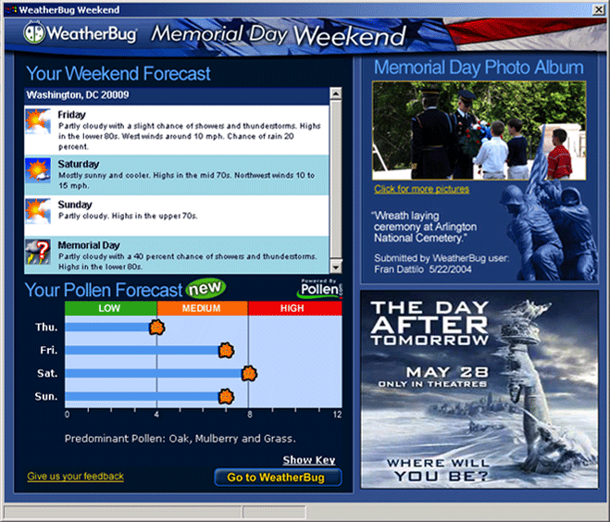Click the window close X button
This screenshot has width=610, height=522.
[x=598, y=10]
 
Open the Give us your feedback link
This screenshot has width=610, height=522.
[x=76, y=477]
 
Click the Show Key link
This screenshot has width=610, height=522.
[x=309, y=460]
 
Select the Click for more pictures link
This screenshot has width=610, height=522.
[x=422, y=189]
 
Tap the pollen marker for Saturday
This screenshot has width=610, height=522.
[x=249, y=373]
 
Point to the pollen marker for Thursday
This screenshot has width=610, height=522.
[x=156, y=327]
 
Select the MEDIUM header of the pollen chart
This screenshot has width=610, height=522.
[x=203, y=308]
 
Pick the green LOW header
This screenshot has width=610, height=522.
[x=110, y=308]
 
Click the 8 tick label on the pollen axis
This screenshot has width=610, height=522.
[x=250, y=415]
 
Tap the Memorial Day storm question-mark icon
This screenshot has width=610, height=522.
[x=38, y=252]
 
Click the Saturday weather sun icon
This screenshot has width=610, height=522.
[x=38, y=170]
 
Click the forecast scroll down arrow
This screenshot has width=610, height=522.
[x=335, y=267]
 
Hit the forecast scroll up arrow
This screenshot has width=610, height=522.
[x=335, y=93]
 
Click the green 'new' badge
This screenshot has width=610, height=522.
[x=205, y=289]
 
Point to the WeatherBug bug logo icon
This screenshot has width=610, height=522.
[x=34, y=32]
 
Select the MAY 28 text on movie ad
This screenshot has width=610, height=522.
[x=447, y=372]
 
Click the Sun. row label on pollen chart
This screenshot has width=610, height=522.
[x=46, y=396]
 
